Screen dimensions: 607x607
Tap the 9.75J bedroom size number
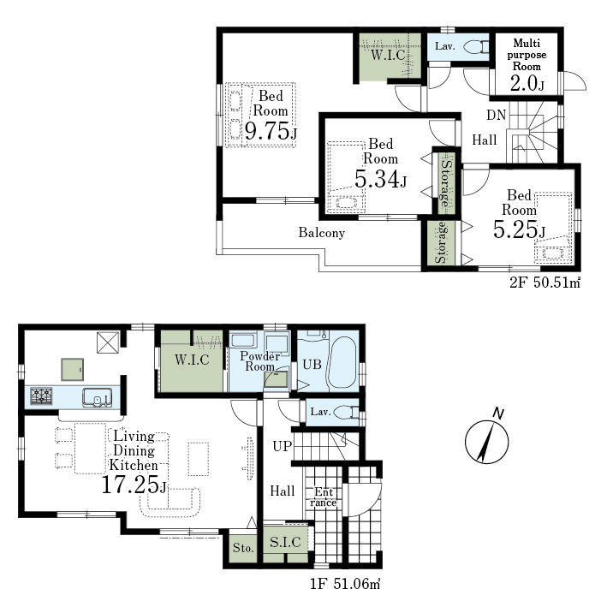coord(271,131)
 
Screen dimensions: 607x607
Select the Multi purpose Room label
coord(527,55)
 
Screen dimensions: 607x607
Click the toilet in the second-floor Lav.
coord(477,47)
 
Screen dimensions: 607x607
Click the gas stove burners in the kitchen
coord(41,396)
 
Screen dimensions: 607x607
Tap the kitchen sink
coord(97,397)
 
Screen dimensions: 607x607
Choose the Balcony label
coord(321,233)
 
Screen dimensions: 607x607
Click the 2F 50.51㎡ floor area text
coord(545,283)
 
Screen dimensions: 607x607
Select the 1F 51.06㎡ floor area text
coord(345,583)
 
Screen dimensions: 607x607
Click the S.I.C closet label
coord(285,542)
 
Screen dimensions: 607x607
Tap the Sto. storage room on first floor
coord(243,548)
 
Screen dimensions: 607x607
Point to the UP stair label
coord(282,446)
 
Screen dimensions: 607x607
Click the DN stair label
coord(497,115)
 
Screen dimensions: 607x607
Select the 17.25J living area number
coord(134,485)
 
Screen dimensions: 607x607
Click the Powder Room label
coord(259,361)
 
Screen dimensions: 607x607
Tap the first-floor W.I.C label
coord(192,360)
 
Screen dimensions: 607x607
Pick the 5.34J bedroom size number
coord(380,179)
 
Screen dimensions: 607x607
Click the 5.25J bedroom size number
coord(519,229)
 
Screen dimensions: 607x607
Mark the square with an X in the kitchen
coord(108,343)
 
